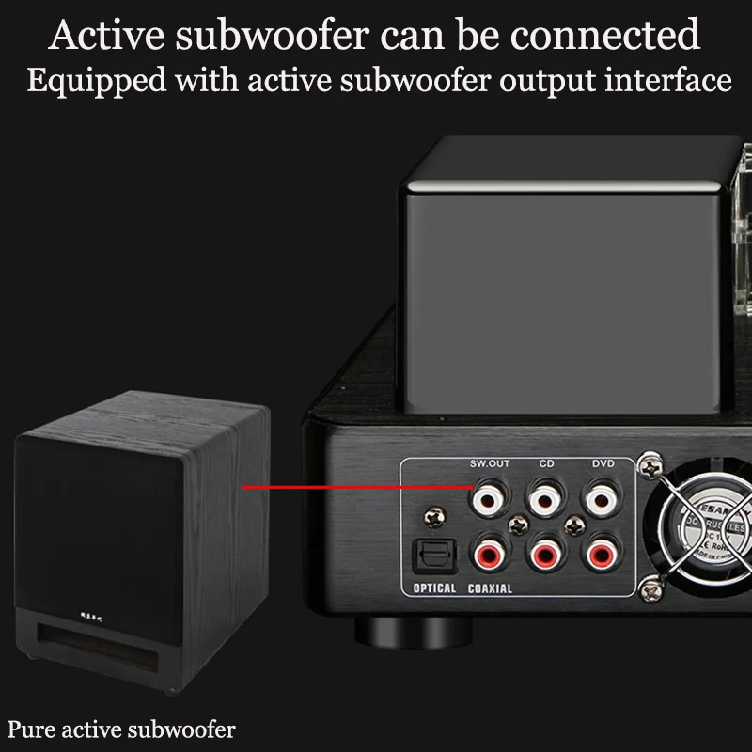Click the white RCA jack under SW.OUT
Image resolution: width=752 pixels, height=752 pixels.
488,495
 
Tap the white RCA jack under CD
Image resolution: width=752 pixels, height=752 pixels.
546,495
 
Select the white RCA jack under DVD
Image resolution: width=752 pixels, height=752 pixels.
603,495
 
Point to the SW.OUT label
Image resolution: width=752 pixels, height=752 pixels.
489,463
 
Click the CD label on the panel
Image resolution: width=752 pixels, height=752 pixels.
546,463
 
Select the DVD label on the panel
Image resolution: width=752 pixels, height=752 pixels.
603,463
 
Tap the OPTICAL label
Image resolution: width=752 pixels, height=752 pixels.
434,589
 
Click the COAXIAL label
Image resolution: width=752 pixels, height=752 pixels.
490,589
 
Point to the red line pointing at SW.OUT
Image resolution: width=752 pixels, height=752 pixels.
357,487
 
